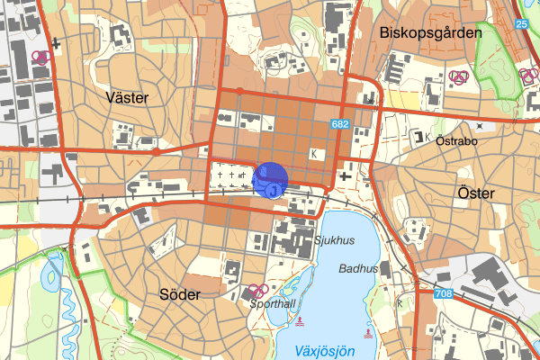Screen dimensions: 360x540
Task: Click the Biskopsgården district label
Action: [431, 32]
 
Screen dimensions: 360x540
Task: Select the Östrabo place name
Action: [454, 140]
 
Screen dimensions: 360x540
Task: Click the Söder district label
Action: [179, 294]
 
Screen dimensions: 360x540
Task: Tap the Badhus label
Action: [358, 268]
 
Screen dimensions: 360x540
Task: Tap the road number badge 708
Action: [442, 294]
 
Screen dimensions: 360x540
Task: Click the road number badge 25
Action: [521, 23]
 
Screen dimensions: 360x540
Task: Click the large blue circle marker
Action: [270, 179]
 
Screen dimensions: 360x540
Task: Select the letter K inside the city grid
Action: [313, 155]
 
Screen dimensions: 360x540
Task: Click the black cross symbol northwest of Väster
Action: [56, 41]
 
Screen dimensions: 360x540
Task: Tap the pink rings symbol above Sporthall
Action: [256, 290]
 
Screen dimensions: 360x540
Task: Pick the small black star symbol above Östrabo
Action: [479, 125]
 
